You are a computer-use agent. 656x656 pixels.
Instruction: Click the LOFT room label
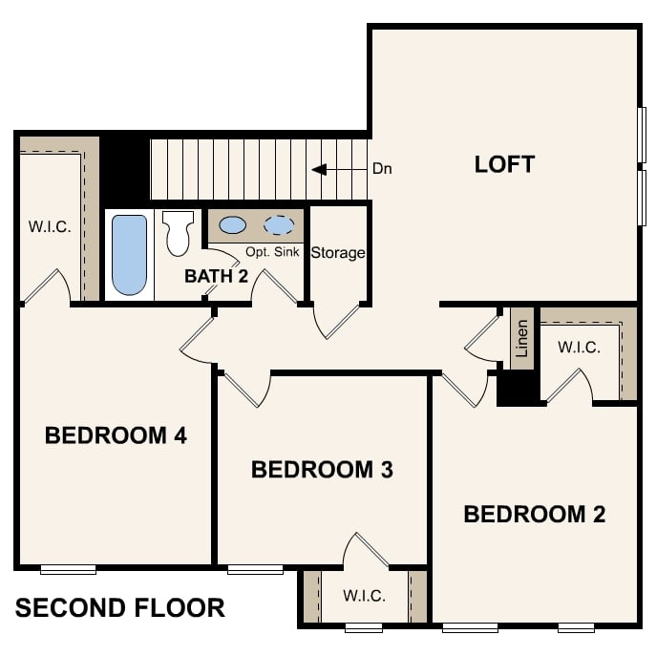[504, 164]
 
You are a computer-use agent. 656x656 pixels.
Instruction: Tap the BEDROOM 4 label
[116, 436]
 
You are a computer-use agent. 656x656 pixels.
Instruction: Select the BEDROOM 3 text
[322, 470]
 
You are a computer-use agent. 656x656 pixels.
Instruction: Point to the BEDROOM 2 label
[534, 515]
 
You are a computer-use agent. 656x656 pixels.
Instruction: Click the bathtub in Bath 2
[130, 255]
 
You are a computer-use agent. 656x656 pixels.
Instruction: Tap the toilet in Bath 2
[178, 234]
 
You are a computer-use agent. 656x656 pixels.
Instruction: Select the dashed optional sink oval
[279, 225]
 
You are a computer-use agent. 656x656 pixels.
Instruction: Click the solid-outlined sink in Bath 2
[232, 225]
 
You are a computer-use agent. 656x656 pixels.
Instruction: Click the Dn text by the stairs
[383, 170]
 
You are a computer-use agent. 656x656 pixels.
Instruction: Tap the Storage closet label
[338, 253]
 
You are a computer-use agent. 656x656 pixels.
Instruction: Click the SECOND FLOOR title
[120, 607]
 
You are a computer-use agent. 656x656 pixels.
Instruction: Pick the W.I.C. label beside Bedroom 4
[50, 227]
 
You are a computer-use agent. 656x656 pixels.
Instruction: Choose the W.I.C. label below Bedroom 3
[364, 596]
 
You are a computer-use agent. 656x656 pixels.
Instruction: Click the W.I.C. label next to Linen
[579, 348]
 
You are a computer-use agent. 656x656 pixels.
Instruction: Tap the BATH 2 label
[216, 277]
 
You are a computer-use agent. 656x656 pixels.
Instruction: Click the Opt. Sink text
[273, 252]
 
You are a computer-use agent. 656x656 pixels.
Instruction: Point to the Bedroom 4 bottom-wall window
[68, 570]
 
